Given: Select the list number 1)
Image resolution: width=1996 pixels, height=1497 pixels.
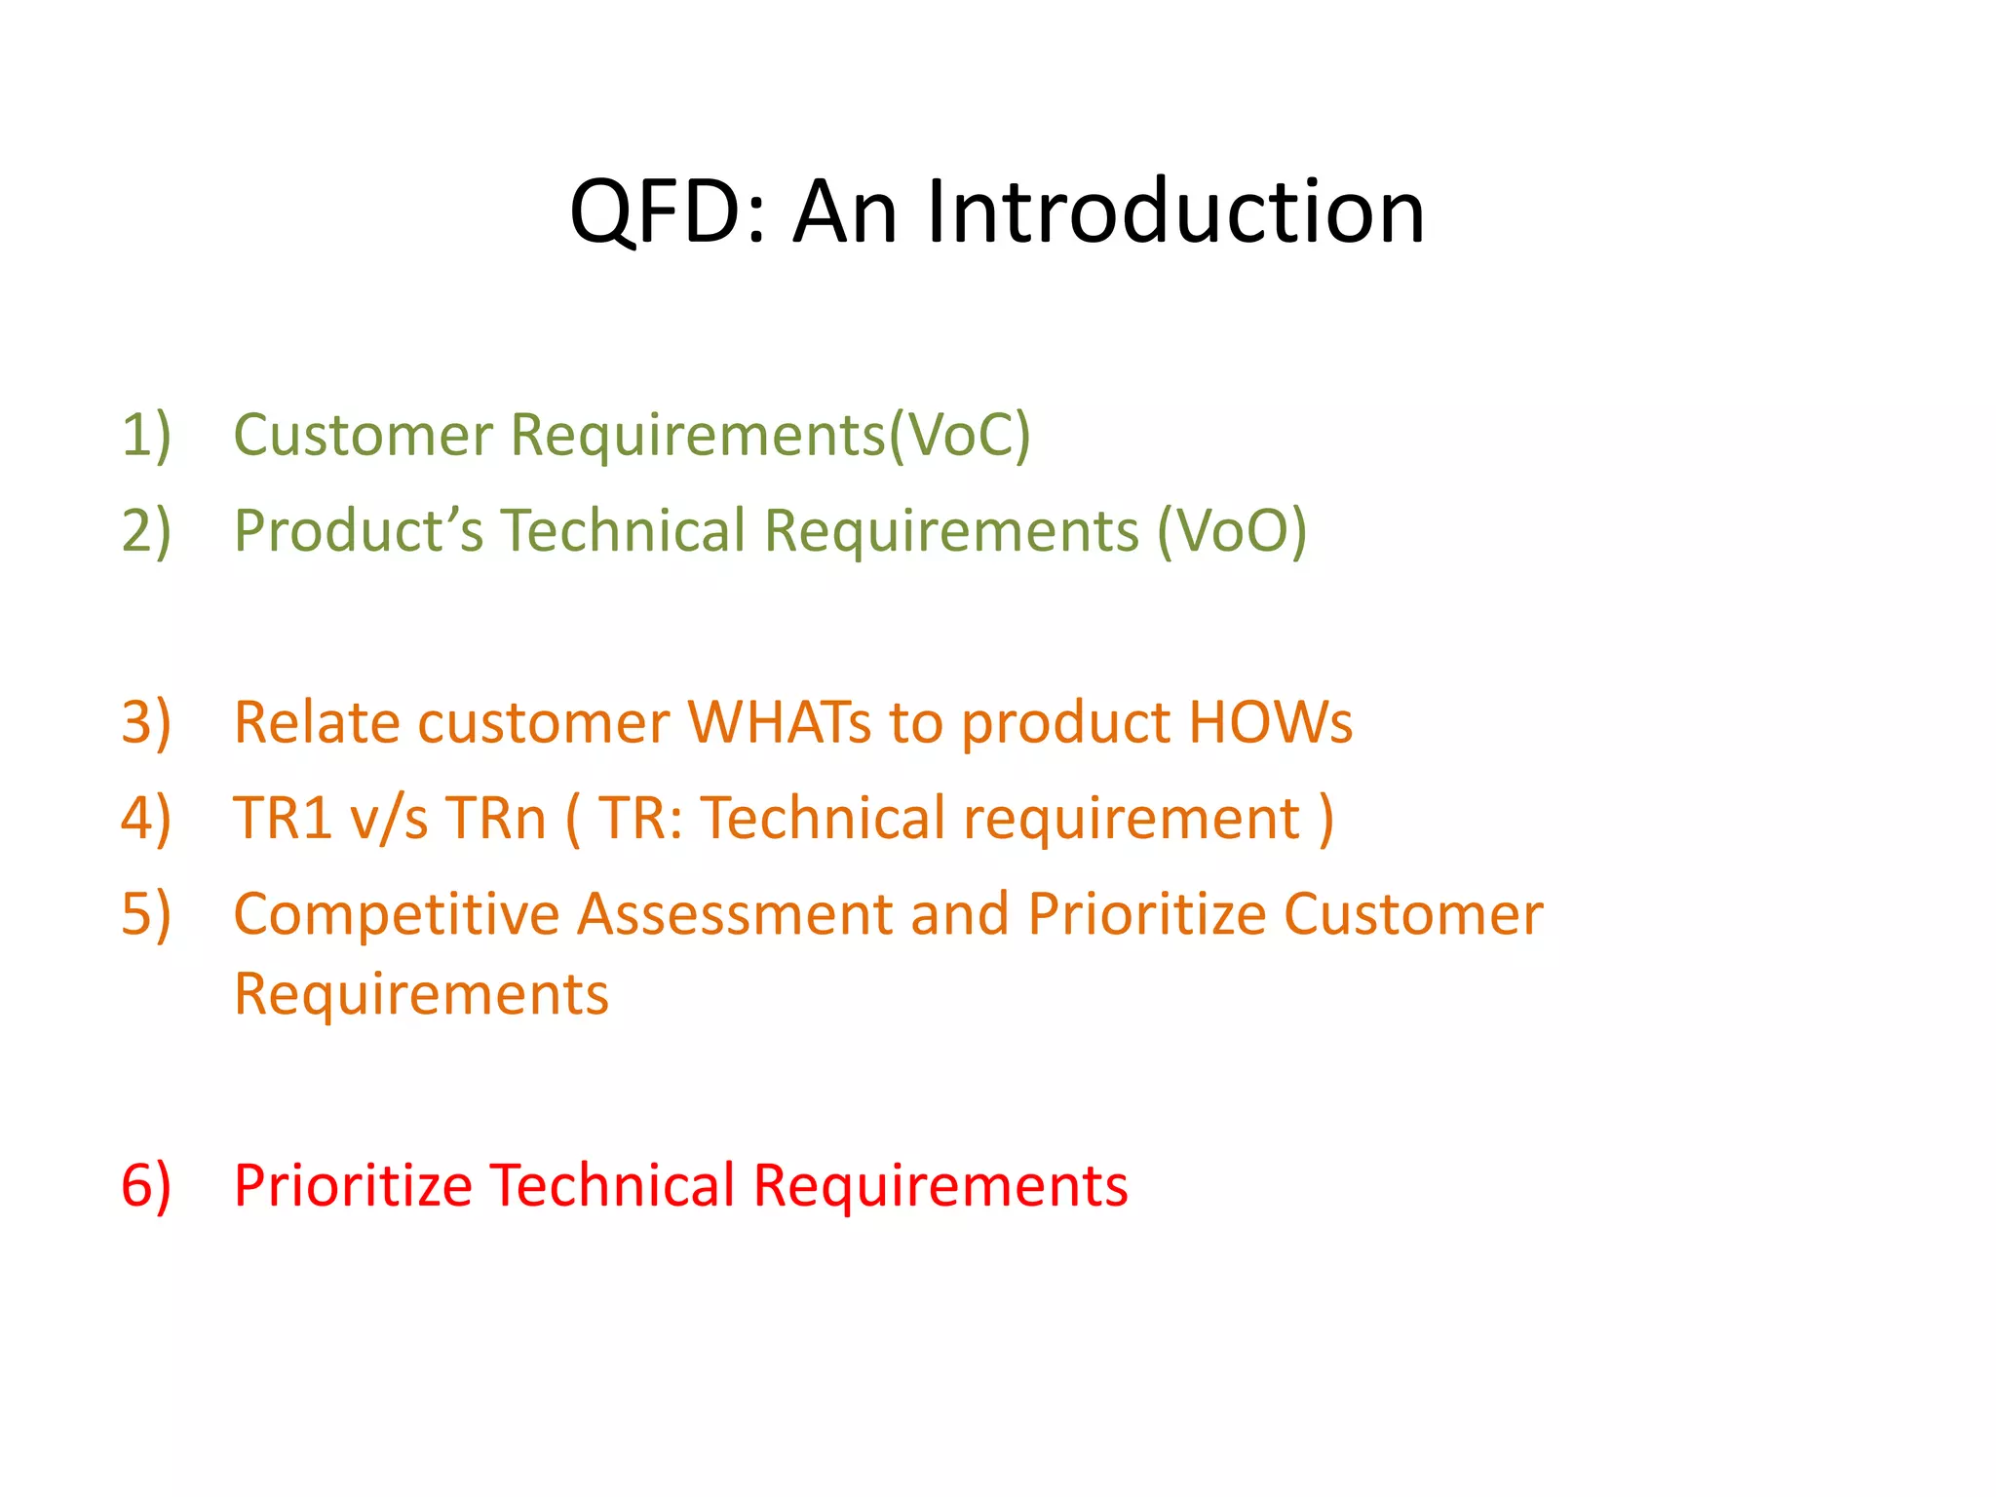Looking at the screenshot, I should click(x=146, y=434).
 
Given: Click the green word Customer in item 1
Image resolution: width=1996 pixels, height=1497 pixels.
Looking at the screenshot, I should click(x=363, y=434).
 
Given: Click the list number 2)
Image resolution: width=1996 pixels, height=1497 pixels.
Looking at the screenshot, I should click(x=146, y=530).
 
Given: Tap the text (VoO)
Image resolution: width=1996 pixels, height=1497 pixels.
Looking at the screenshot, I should click(x=1232, y=531).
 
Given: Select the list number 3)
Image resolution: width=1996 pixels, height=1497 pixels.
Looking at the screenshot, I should click(x=146, y=722).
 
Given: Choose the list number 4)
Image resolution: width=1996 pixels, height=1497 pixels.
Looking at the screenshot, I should click(x=146, y=817).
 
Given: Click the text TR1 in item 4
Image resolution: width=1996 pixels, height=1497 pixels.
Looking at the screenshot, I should click(x=283, y=817).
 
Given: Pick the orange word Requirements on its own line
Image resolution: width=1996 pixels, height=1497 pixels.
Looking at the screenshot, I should click(x=421, y=994).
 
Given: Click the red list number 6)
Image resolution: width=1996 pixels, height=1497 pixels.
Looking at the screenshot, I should click(x=146, y=1185).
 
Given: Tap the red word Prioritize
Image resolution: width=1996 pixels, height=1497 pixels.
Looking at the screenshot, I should click(x=353, y=1185).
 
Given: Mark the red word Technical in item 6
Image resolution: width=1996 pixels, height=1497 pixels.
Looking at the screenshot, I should click(x=612, y=1185).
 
